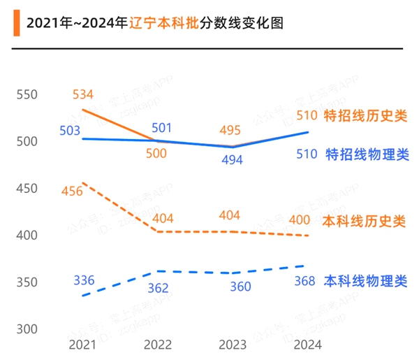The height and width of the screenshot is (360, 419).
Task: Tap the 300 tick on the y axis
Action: pyautogui.click(x=27, y=329)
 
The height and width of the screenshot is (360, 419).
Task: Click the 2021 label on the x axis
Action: pyautogui.click(x=83, y=345)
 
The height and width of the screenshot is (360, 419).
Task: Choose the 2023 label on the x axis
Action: pyautogui.click(x=233, y=345)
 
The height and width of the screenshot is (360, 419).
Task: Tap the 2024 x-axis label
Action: pyautogui.click(x=307, y=345)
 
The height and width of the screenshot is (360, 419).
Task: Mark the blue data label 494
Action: pyautogui.click(x=232, y=160)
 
